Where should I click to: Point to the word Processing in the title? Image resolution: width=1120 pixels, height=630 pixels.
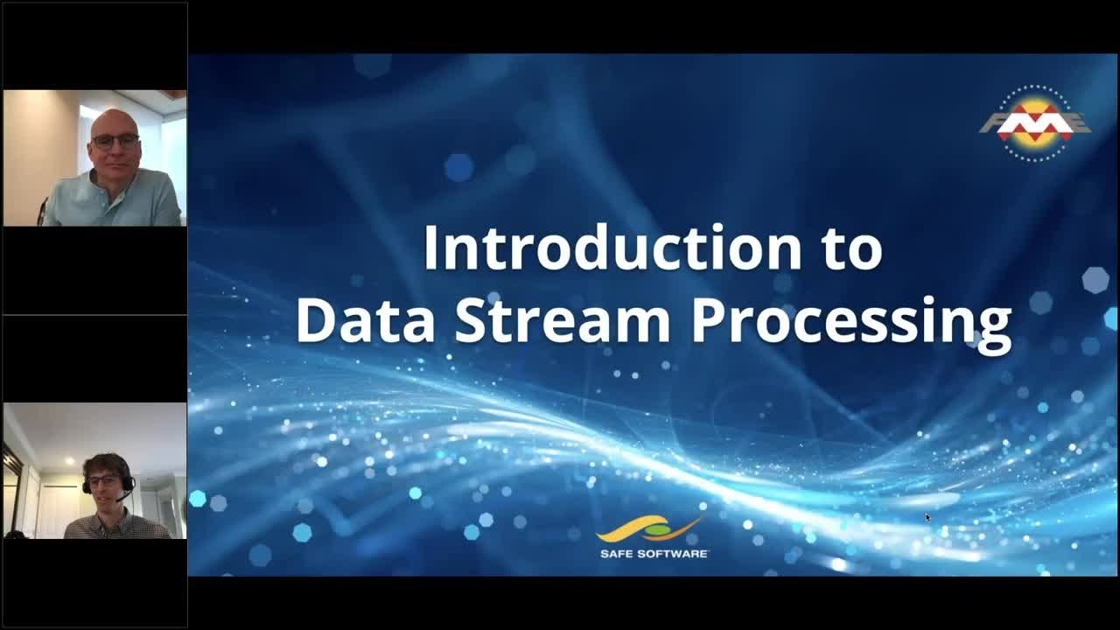pyautogui.click(x=850, y=322)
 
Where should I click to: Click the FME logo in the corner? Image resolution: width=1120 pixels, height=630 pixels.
pyautogui.click(x=1034, y=123)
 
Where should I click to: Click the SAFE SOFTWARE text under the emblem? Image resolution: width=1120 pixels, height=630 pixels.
pyautogui.click(x=654, y=553)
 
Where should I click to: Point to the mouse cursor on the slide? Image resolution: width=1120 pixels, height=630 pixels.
pyautogui.click(x=927, y=517)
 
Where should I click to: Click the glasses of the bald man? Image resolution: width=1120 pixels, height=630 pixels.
pyautogui.click(x=115, y=141)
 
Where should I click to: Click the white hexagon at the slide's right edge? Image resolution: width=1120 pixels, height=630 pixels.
pyautogui.click(x=1095, y=280)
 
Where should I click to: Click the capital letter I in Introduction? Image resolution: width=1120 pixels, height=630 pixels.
pyautogui.click(x=429, y=248)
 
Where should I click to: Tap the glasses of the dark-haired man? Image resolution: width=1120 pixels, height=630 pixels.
pyautogui.click(x=106, y=480)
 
